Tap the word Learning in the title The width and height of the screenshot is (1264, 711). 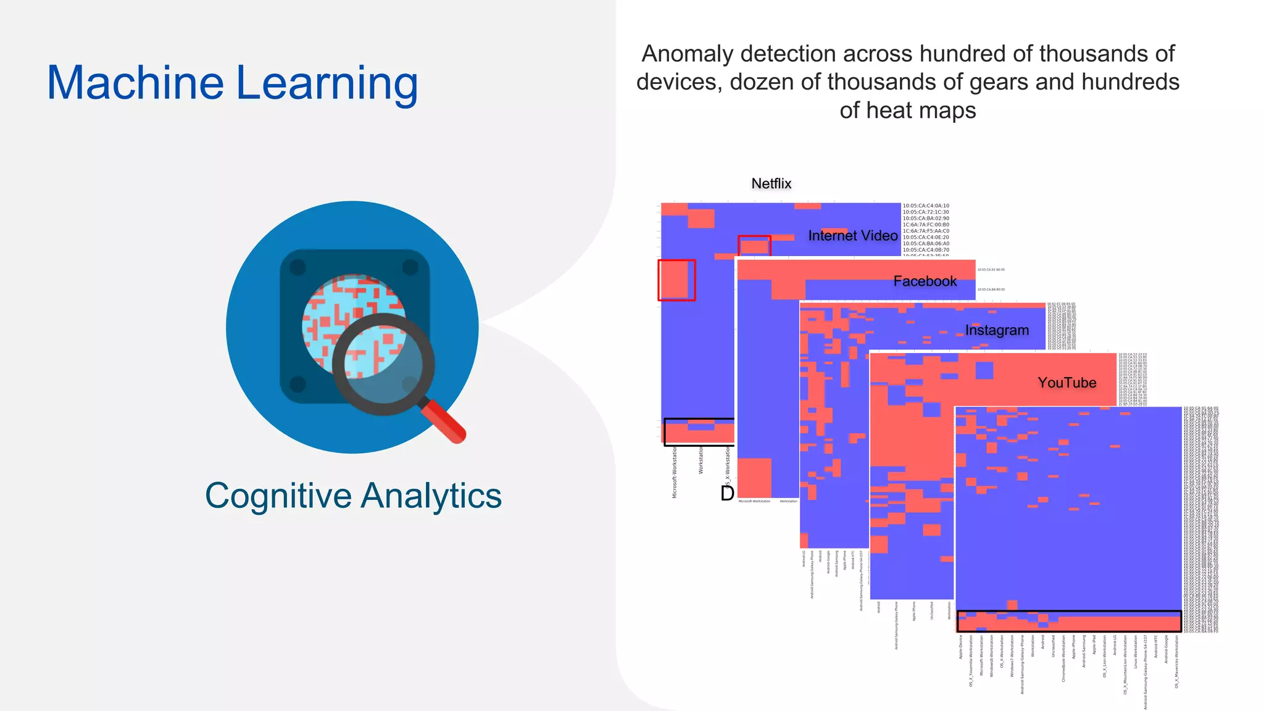(326, 84)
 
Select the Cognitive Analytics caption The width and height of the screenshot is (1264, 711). (353, 496)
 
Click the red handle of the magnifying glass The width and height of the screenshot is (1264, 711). (443, 422)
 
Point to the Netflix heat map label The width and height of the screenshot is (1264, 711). (771, 183)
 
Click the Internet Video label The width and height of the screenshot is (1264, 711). (852, 236)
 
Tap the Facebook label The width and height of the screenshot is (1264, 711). (925, 281)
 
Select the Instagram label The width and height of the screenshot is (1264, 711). (997, 330)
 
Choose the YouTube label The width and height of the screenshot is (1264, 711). (1066, 383)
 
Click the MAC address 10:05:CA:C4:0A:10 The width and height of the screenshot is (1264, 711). (926, 206)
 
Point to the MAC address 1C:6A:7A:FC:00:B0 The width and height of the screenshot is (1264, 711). (926, 225)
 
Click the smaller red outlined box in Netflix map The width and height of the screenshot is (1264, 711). (754, 246)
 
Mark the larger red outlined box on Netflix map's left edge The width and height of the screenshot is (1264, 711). (676, 280)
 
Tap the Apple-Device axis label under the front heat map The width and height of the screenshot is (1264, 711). (961, 647)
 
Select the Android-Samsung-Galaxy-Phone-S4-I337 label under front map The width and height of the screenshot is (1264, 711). (1145, 671)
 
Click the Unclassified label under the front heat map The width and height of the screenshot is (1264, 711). (1053, 646)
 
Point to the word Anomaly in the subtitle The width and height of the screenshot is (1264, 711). (687, 54)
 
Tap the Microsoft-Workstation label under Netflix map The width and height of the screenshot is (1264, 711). (675, 473)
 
